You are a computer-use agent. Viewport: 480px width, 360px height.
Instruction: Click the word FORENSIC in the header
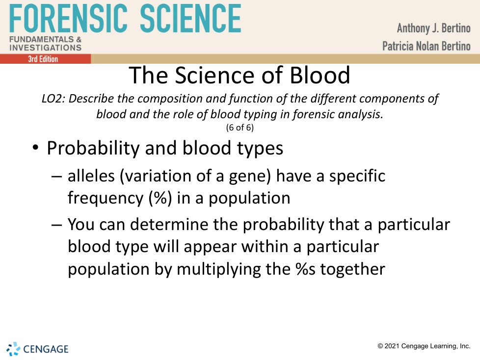[68, 18]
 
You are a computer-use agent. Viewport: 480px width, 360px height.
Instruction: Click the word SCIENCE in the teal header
[190, 18]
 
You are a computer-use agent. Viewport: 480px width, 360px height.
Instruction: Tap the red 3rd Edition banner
[45, 59]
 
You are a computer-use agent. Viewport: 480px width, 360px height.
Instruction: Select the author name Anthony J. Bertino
[434, 28]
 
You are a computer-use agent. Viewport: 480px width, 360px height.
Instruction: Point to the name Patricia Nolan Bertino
[427, 46]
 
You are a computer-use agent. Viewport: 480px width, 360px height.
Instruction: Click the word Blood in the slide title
[320, 75]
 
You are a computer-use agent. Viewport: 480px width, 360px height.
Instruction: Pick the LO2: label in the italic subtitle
[53, 99]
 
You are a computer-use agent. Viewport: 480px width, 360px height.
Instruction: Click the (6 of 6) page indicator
[240, 127]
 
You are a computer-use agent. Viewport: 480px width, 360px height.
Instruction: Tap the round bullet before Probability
[35, 148]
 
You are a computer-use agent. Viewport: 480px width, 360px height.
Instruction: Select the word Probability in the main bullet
[93, 148]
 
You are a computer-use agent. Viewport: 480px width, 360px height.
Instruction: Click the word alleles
[91, 176]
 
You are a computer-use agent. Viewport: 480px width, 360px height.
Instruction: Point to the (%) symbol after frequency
[160, 198]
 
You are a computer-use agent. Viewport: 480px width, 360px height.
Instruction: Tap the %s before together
[305, 269]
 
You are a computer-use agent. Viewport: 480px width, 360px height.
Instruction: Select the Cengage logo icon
[13, 349]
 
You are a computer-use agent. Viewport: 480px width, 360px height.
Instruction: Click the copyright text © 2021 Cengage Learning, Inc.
[424, 346]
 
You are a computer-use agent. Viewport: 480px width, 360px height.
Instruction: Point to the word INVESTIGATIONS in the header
[46, 48]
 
